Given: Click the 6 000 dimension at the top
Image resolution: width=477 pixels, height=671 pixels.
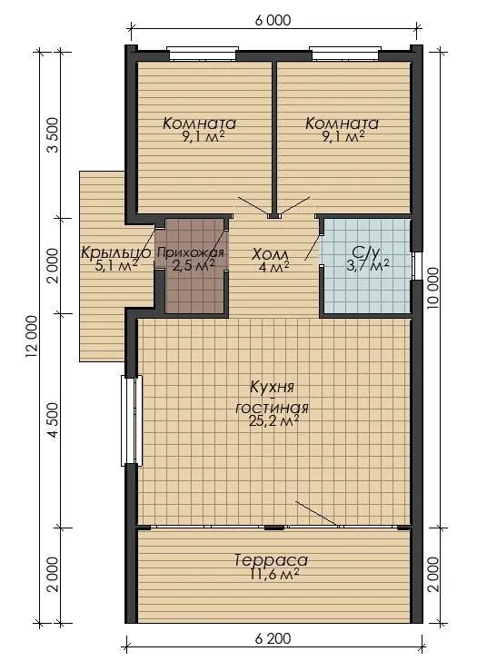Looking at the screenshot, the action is click(x=273, y=20).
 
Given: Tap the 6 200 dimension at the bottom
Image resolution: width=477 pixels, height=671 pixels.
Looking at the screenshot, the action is click(x=273, y=639).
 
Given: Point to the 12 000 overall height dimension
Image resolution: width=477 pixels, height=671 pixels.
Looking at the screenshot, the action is click(x=33, y=336).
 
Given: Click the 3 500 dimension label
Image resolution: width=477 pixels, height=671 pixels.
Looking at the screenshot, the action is click(x=54, y=135).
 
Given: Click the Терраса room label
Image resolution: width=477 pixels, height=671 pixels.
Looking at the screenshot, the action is click(x=272, y=560).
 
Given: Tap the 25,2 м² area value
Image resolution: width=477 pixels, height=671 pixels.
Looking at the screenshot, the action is click(x=273, y=422).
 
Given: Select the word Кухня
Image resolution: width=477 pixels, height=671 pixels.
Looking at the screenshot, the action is click(x=272, y=388).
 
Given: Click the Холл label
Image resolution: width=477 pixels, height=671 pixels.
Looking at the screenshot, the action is click(x=270, y=254).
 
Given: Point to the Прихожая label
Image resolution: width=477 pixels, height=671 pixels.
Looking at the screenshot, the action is click(x=191, y=252).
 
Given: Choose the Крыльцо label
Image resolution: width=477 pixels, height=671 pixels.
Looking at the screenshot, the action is click(x=115, y=252).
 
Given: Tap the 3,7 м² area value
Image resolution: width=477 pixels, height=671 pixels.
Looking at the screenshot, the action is click(x=368, y=266).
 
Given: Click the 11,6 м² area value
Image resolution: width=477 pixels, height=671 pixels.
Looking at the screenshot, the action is click(x=273, y=574).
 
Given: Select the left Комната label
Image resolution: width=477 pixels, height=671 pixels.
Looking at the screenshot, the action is click(x=199, y=123).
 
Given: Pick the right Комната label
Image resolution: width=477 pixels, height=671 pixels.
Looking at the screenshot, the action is click(x=342, y=123).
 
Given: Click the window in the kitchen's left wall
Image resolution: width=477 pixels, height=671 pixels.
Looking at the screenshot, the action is click(x=132, y=420).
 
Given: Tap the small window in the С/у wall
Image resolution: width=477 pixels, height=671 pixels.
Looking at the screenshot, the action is click(x=414, y=265).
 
